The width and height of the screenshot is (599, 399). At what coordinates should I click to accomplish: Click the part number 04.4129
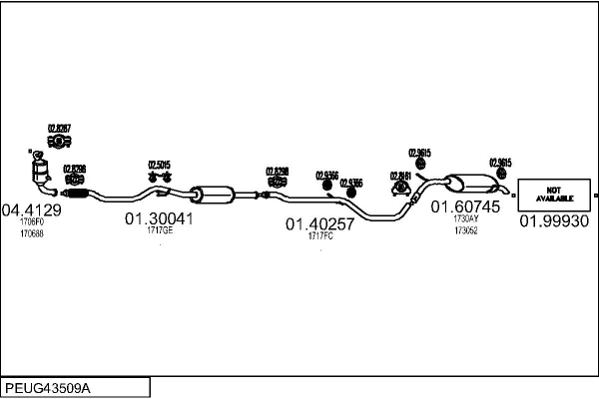pyautogui.click(x=32, y=209)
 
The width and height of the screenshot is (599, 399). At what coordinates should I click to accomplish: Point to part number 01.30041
pyautogui.click(x=159, y=217)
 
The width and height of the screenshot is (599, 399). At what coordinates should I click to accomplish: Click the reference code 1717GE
pyautogui.click(x=160, y=230)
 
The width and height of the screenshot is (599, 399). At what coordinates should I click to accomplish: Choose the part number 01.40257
pyautogui.click(x=320, y=224)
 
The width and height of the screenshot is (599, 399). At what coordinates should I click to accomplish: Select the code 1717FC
pyautogui.click(x=320, y=237)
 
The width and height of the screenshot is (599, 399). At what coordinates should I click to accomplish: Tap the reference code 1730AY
pyautogui.click(x=466, y=218)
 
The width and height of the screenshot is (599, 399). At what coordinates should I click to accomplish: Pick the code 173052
pyautogui.click(x=466, y=229)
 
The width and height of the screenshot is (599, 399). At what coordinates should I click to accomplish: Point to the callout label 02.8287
pyautogui.click(x=60, y=128)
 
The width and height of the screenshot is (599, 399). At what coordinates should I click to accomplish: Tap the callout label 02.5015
pyautogui.click(x=160, y=165)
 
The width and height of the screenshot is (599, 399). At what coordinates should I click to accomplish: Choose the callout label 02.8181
pyautogui.click(x=400, y=176)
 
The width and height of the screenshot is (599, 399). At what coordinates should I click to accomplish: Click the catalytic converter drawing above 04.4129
pyautogui.click(x=43, y=177)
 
